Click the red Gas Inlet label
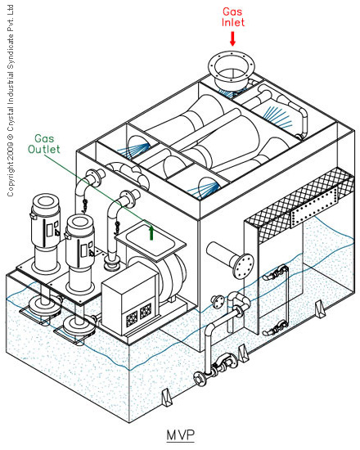233,17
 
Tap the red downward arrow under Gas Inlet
232,38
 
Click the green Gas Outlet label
44,144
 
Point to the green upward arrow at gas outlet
151,232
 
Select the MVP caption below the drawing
181,435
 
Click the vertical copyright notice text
11,101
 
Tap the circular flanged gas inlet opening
232,68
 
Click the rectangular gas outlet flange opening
151,240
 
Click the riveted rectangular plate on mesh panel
314,205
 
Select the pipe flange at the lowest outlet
200,379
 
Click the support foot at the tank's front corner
167,397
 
